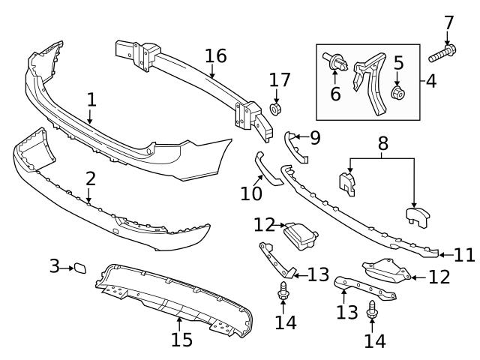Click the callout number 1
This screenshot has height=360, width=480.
(91, 99)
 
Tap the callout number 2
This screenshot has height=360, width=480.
(90, 178)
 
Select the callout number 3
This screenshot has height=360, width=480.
(54, 266)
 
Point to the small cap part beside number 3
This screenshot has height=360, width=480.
(79, 267)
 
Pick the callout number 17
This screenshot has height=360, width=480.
(279, 79)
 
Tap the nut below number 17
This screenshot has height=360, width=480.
(274, 110)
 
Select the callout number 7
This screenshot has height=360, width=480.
(448, 22)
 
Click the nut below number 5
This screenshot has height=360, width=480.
(398, 93)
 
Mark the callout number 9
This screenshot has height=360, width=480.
(313, 137)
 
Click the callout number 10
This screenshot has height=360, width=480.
(251, 193)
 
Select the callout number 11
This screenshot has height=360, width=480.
(464, 254)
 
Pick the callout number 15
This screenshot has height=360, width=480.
(181, 339)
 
